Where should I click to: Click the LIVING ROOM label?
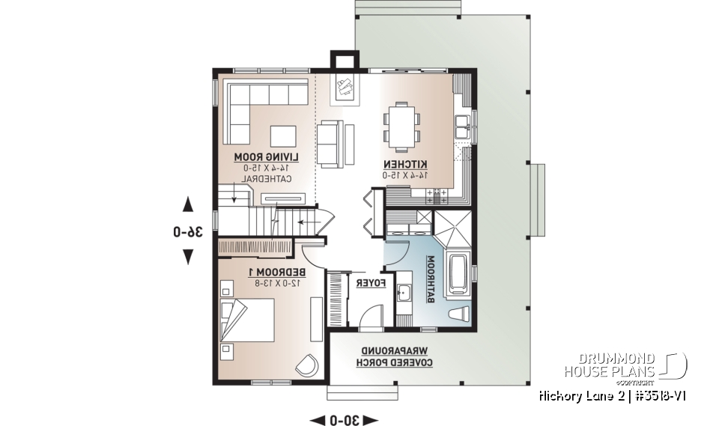pos(267,156)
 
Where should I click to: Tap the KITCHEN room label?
pos(406,163)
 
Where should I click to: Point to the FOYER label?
pos(371,283)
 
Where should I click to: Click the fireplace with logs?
pos(345,88)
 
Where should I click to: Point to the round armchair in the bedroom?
pos(306,364)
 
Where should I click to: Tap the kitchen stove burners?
pos(437,195)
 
